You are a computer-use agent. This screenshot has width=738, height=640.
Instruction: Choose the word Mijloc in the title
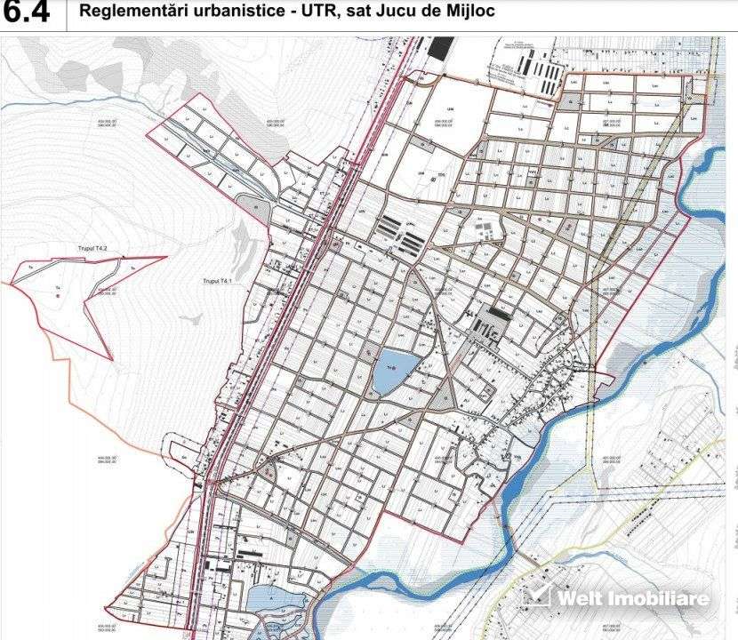[469, 12]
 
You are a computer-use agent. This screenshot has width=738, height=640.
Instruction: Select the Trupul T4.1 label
[217, 281]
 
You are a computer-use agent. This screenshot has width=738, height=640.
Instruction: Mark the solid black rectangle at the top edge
[438, 48]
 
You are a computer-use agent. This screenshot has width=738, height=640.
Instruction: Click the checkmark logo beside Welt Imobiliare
[535, 596]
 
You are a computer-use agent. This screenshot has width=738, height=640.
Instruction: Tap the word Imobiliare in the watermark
[658, 597]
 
